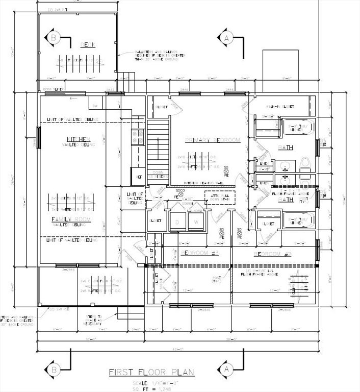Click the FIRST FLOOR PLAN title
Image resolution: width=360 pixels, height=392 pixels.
(x=151, y=372)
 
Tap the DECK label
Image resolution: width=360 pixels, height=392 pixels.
(x=88, y=45)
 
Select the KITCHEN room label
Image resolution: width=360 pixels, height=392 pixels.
(x=79, y=139)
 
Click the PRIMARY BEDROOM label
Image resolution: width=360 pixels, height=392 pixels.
(x=212, y=140)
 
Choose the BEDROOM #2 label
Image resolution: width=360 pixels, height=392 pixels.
(x=272, y=254)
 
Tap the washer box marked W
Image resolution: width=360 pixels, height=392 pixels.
(x=195, y=222)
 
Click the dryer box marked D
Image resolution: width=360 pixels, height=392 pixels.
(x=177, y=222)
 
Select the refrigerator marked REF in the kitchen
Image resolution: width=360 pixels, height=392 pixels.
(x=139, y=177)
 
